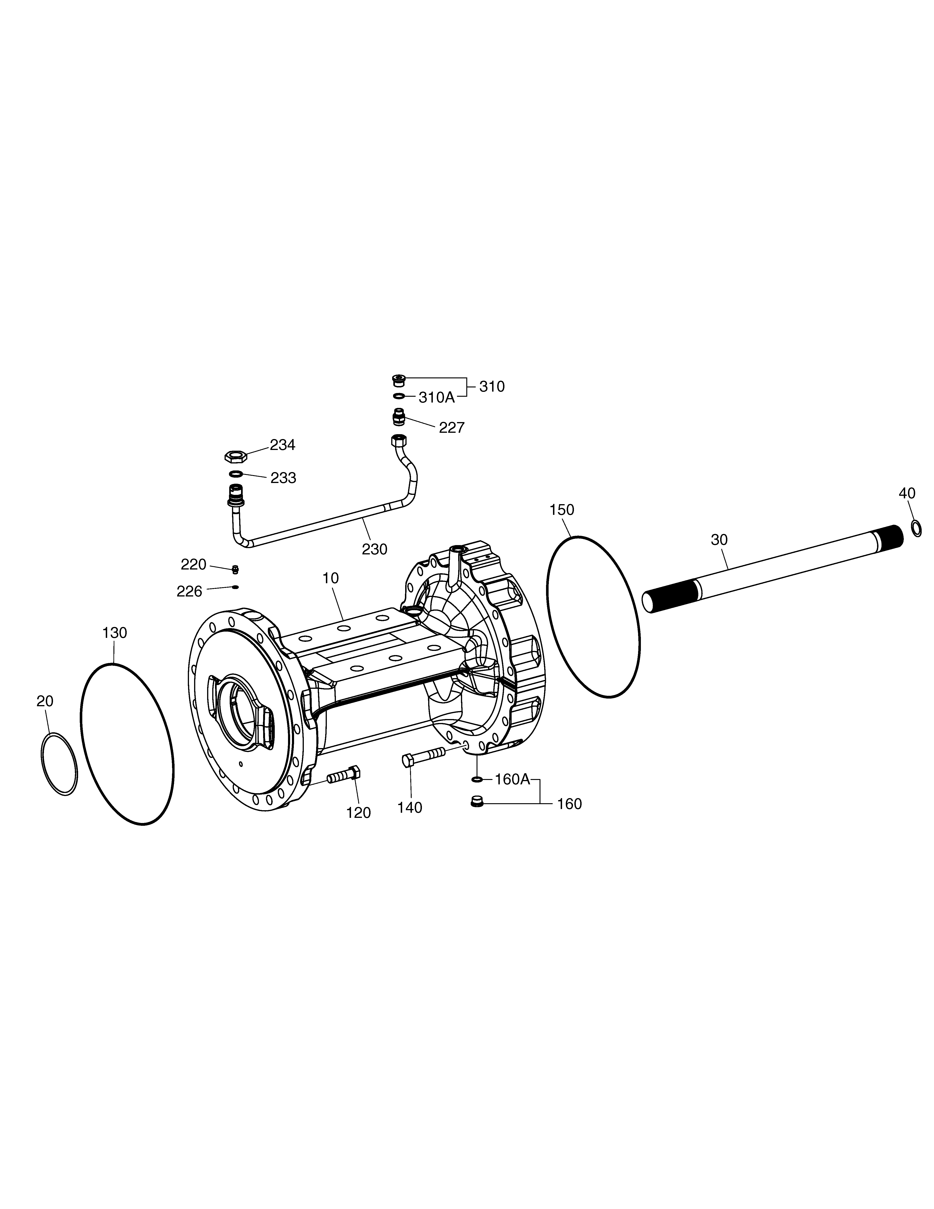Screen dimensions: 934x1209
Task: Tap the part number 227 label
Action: click(451, 427)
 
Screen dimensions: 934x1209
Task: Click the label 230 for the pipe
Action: click(374, 549)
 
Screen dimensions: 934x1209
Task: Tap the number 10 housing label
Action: click(330, 578)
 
